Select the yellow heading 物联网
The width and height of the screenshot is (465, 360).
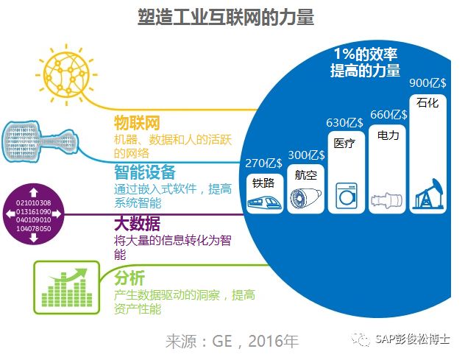(x=137, y=121)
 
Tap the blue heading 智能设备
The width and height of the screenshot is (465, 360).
(x=145, y=172)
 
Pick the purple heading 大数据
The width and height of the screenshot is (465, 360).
(x=137, y=223)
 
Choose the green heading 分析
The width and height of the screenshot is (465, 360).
(x=129, y=278)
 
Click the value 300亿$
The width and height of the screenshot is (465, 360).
(x=306, y=155)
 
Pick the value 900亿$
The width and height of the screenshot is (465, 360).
(x=427, y=82)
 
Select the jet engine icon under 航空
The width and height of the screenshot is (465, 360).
(x=305, y=199)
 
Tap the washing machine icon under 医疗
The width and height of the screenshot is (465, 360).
(x=346, y=196)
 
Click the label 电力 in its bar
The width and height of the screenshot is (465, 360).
(x=388, y=135)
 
